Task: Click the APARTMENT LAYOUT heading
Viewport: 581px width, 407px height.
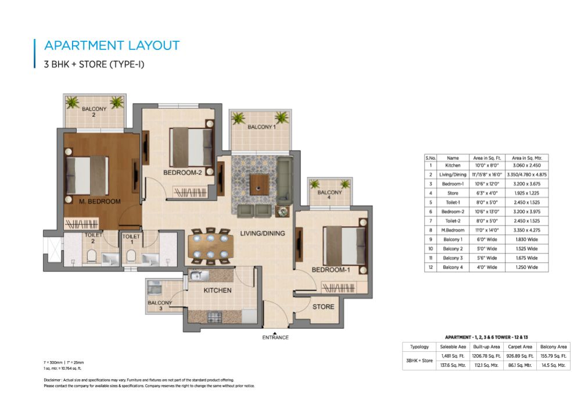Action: (x=112, y=45)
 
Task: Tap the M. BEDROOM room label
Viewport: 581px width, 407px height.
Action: (x=100, y=202)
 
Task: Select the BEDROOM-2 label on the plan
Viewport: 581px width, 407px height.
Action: (x=182, y=173)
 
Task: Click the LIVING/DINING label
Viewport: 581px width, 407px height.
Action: (x=263, y=233)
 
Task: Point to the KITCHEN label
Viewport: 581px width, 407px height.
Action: (x=218, y=290)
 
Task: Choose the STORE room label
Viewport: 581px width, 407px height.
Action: (x=323, y=306)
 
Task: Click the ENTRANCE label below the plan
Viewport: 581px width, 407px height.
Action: (x=275, y=337)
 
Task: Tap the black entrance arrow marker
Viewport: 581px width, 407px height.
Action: (x=275, y=330)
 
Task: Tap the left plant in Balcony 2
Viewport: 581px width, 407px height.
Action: (x=73, y=103)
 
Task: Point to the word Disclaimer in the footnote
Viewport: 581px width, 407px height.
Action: (x=55, y=380)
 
